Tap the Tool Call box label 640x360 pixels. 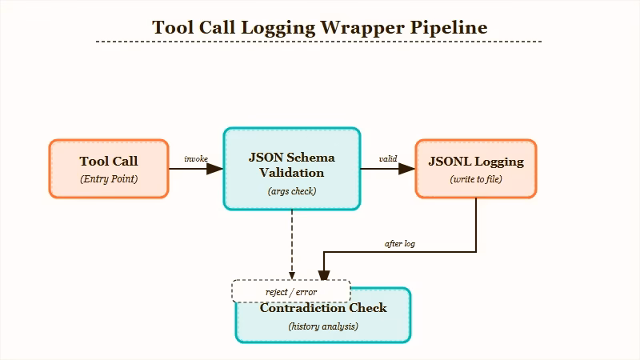pos(109,162)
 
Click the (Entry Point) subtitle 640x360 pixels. pos(109,179)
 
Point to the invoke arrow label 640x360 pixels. pos(196,158)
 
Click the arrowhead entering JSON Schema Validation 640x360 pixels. pos(215,169)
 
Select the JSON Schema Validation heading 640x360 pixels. pos(292,164)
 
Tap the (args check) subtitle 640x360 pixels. pos(292,191)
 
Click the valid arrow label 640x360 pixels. pos(388,158)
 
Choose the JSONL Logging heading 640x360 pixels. pos(476,162)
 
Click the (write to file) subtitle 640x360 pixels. pos(476,179)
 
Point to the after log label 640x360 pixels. pos(400,243)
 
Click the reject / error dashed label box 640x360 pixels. pos(291,291)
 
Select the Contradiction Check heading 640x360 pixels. pos(323,308)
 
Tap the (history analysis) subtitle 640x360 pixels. pos(323,326)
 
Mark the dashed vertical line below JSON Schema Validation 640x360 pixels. pos(292,240)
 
